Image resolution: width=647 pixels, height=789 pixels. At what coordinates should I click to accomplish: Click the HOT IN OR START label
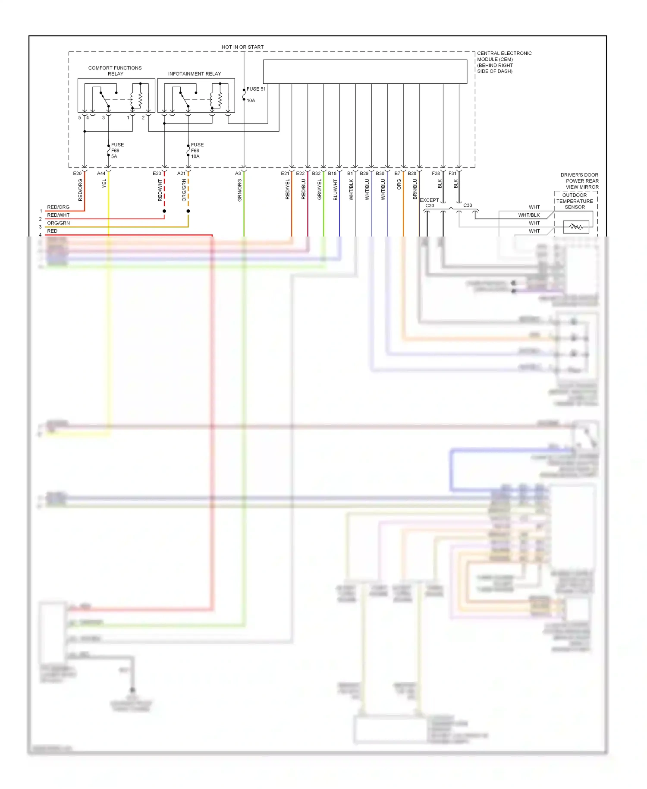(x=242, y=47)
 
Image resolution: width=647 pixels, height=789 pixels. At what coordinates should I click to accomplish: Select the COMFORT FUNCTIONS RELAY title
(x=115, y=71)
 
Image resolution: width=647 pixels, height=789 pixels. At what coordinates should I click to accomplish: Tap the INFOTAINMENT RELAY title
(x=194, y=74)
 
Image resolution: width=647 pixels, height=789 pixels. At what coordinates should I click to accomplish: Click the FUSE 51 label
(x=256, y=89)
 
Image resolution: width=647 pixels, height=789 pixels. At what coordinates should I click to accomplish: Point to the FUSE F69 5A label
(x=117, y=151)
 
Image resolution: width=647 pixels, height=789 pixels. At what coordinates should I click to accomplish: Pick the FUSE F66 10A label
(x=197, y=151)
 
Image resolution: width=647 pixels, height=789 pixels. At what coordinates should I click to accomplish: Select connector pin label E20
(x=77, y=174)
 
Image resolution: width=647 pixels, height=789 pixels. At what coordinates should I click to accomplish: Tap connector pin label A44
(x=101, y=174)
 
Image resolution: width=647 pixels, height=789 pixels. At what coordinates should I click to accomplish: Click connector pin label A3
(x=238, y=174)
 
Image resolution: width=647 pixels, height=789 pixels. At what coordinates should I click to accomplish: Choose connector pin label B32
(x=316, y=174)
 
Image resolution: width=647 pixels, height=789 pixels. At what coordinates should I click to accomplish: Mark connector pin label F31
(x=452, y=174)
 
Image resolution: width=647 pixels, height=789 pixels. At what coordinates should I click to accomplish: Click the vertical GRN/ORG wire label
(x=240, y=190)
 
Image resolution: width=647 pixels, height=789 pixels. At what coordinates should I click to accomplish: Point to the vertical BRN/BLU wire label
(x=415, y=189)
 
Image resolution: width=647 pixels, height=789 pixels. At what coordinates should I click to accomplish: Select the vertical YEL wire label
(x=104, y=184)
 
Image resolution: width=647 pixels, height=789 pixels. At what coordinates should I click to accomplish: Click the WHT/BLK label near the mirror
(x=529, y=215)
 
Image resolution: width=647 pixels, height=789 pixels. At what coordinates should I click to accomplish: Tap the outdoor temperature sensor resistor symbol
(x=576, y=227)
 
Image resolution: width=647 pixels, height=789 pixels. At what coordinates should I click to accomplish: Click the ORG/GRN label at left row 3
(x=58, y=223)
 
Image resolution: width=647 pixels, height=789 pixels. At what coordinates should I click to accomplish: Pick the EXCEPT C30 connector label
(x=429, y=203)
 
